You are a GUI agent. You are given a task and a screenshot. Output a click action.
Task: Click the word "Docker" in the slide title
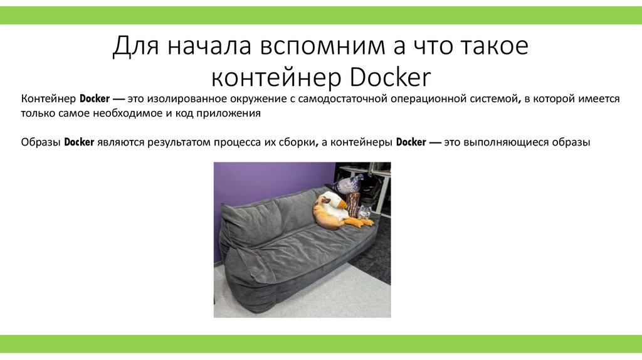[x=391, y=78]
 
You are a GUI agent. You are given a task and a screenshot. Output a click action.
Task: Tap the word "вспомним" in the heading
[x=314, y=47]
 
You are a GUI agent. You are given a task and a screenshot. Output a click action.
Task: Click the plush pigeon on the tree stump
[x=347, y=184]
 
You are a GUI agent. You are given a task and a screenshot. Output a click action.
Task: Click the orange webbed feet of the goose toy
[x=362, y=221]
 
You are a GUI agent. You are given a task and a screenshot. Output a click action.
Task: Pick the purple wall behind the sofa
[x=263, y=182]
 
